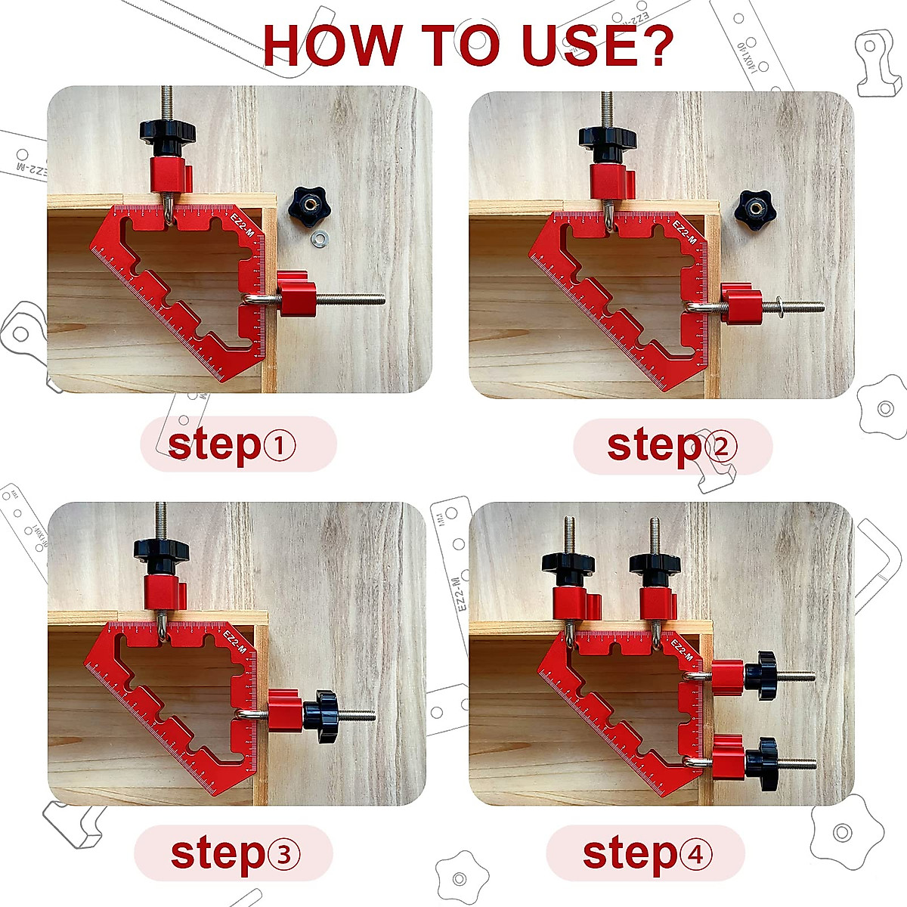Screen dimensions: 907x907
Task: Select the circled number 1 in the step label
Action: [280, 446]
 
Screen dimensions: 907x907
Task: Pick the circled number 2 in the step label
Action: [720, 447]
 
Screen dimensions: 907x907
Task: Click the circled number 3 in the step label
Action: [283, 855]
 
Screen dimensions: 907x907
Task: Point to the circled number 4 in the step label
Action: [695, 855]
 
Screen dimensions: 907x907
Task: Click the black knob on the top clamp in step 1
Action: [168, 132]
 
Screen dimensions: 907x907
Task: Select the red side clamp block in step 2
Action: [740, 303]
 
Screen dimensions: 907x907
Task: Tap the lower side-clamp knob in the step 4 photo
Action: [762, 764]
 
